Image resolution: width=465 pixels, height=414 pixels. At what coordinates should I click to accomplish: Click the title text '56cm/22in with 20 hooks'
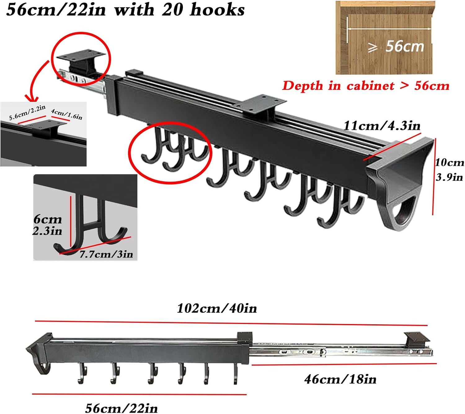[125, 10]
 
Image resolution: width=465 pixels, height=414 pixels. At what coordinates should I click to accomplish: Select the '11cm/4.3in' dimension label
[382, 126]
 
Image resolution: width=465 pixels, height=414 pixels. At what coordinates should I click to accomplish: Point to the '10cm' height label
[449, 162]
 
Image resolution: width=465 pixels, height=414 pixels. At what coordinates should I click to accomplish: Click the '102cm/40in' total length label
[217, 308]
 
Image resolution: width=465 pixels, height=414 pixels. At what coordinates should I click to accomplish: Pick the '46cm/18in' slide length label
[340, 379]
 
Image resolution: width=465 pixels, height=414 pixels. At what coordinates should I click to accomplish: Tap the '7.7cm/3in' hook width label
[106, 254]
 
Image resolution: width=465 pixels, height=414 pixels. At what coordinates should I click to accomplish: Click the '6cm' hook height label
[48, 219]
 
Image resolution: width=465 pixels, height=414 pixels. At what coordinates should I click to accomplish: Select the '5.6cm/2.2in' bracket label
[27, 112]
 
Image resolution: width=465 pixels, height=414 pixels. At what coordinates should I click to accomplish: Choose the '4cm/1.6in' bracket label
[67, 114]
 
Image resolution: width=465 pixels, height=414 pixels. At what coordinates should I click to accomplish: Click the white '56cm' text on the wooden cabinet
[405, 47]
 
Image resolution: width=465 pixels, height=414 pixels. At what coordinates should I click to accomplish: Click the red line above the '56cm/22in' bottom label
[139, 394]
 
